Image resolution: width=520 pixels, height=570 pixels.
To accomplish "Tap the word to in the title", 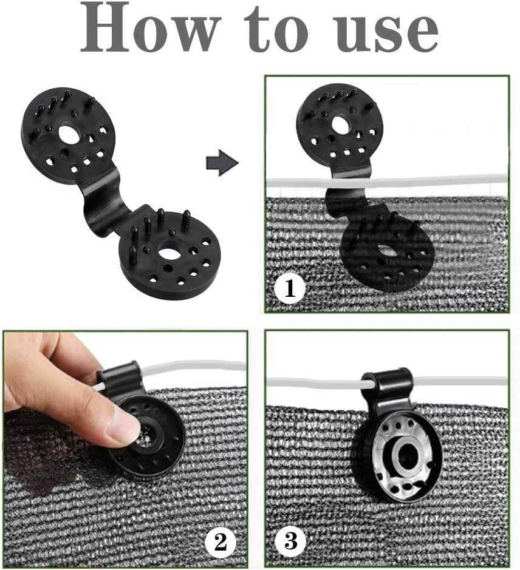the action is click(x=276, y=30).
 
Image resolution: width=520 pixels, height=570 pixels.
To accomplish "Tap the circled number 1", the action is click(x=290, y=289).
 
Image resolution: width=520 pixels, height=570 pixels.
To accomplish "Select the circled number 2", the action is click(x=221, y=542).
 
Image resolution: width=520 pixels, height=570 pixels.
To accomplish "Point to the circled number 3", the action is click(x=290, y=542).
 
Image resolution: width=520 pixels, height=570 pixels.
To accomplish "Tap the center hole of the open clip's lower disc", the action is click(x=168, y=251).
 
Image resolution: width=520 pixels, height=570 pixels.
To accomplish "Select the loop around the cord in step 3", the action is click(x=387, y=382).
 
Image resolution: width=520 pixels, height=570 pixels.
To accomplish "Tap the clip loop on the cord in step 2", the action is click(x=118, y=378).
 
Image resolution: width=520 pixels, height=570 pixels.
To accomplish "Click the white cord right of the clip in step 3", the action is click(x=460, y=381).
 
